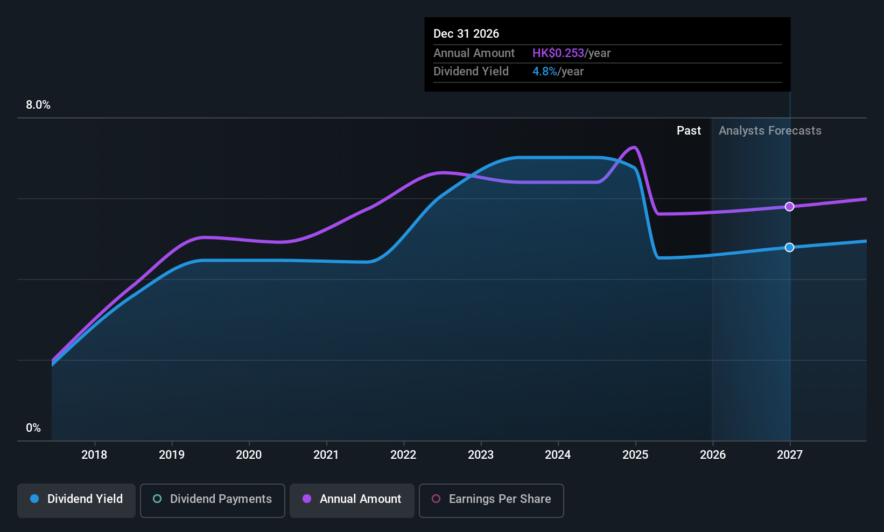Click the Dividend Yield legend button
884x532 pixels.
click(76, 500)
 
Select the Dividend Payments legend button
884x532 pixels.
click(212, 500)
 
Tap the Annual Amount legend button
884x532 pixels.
click(352, 500)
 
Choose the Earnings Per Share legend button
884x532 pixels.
click(492, 500)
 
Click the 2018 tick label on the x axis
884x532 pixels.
click(94, 454)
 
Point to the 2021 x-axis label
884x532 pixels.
click(326, 454)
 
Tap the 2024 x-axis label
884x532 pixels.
click(558, 454)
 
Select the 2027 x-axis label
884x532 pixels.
click(790, 454)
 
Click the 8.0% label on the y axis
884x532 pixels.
click(38, 105)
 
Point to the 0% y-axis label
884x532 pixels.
click(33, 428)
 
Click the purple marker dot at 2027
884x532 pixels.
click(789, 206)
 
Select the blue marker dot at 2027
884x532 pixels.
click(789, 247)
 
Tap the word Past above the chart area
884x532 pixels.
click(689, 131)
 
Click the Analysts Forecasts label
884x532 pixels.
click(770, 131)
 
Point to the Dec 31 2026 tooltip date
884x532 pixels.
click(466, 33)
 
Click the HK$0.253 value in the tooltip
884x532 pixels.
click(558, 53)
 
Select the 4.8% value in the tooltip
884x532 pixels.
click(545, 72)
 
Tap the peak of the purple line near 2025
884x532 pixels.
click(634, 147)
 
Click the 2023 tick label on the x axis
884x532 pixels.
click(481, 454)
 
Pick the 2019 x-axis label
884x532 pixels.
click(172, 454)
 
